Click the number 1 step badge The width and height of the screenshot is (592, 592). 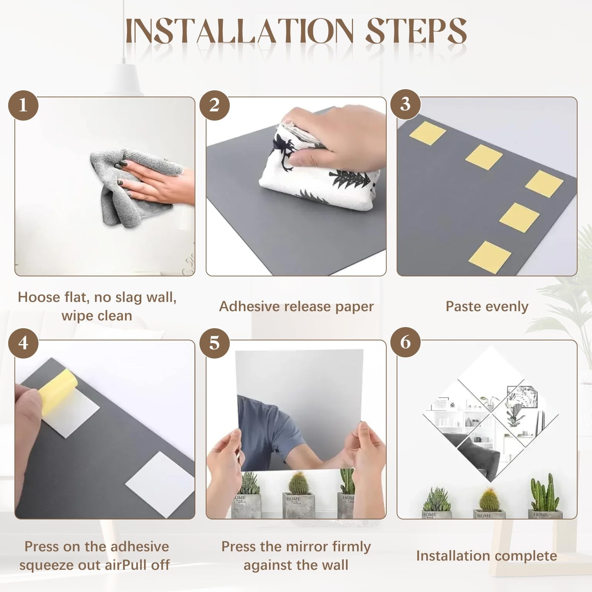coord(23,105)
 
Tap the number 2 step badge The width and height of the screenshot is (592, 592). coord(215,105)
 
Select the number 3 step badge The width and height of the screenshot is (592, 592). coord(406,104)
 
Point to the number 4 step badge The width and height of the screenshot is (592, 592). coord(23,343)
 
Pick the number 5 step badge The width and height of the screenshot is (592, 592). coord(215,343)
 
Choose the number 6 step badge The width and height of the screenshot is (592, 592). coord(406,342)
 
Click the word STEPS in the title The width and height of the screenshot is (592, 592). coord(416,31)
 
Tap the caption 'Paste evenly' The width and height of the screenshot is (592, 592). coord(487,307)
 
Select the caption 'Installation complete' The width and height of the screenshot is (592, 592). coord(487,556)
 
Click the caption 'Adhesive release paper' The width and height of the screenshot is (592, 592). coord(296,307)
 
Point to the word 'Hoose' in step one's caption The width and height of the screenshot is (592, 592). coord(39,297)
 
